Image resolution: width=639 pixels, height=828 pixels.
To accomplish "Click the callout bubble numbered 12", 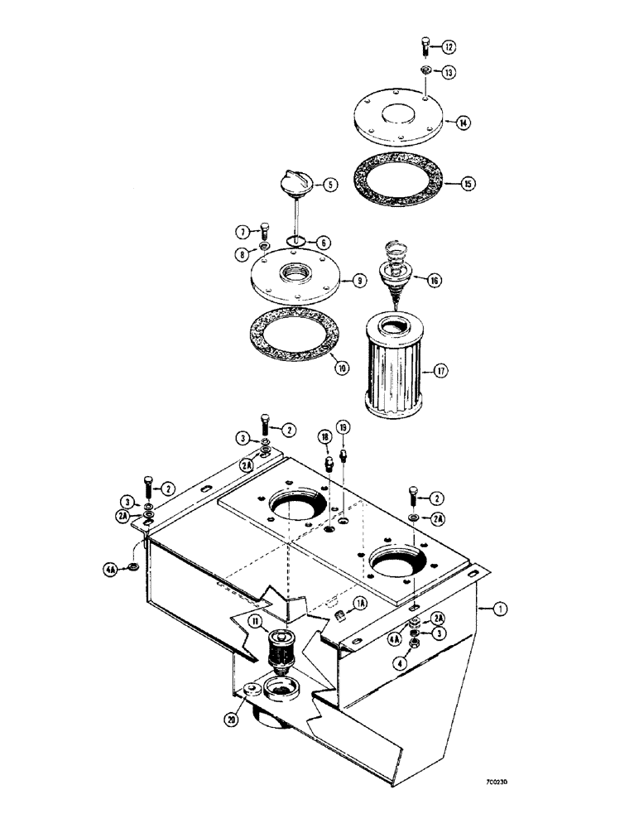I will pyautogui.click(x=448, y=46).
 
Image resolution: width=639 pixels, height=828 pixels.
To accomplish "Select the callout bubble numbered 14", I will pyautogui.click(x=464, y=123).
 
